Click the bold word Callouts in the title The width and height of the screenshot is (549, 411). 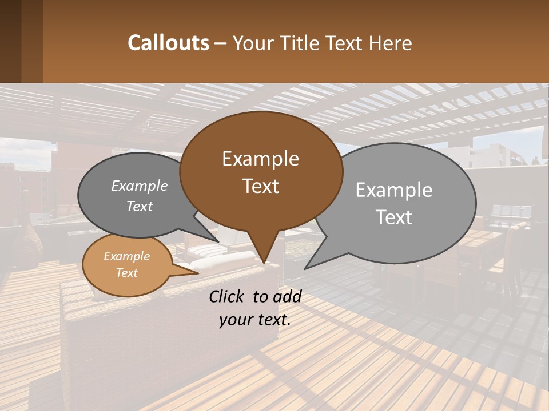[168, 43]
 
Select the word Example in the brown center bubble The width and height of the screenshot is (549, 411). [260, 159]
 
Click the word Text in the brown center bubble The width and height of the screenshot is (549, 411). [260, 186]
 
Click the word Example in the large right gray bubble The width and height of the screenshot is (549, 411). [393, 190]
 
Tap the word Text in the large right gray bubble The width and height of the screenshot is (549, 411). [393, 217]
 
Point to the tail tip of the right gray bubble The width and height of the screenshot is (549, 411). [307, 267]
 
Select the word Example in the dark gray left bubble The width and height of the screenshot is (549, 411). [139, 186]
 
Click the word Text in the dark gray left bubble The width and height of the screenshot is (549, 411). [139, 206]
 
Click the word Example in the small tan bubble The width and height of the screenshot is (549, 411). [126, 256]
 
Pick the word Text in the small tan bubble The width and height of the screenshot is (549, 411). [126, 273]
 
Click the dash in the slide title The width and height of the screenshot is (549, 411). [221, 43]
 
